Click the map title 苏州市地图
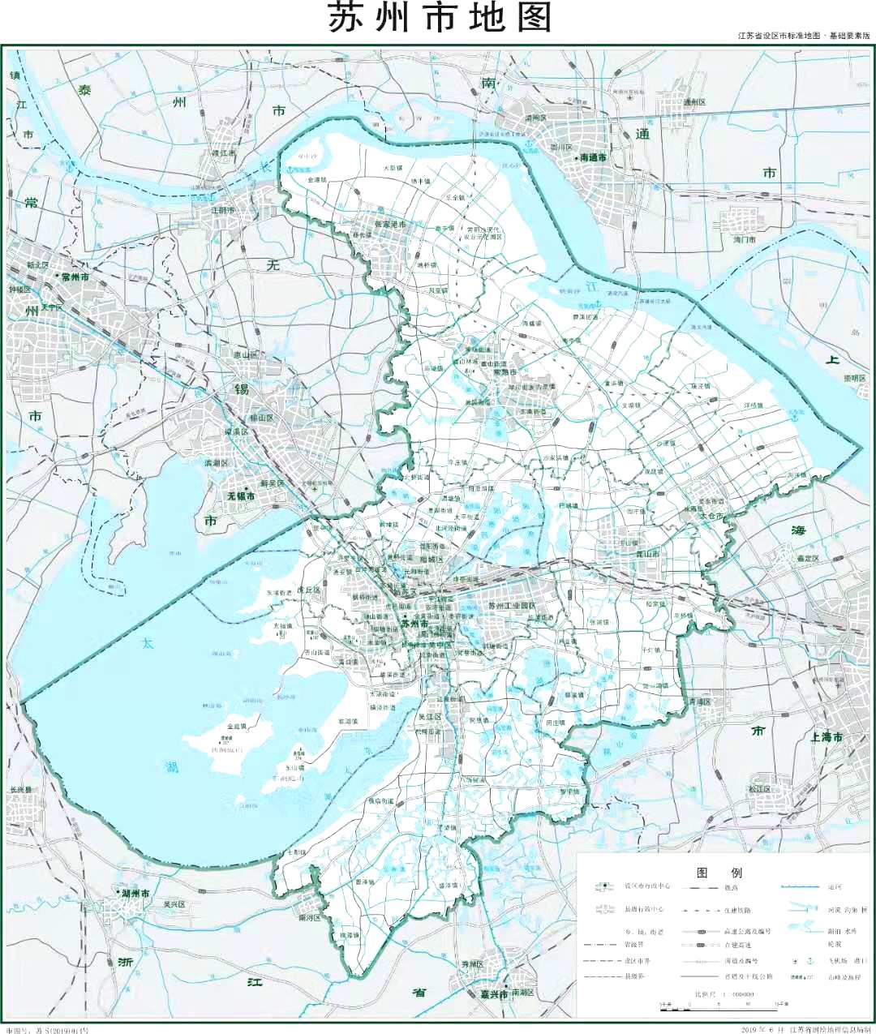[x=440, y=18]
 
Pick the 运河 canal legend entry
[x=835, y=887]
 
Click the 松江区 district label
[x=760, y=788]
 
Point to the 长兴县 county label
[x=21, y=789]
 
